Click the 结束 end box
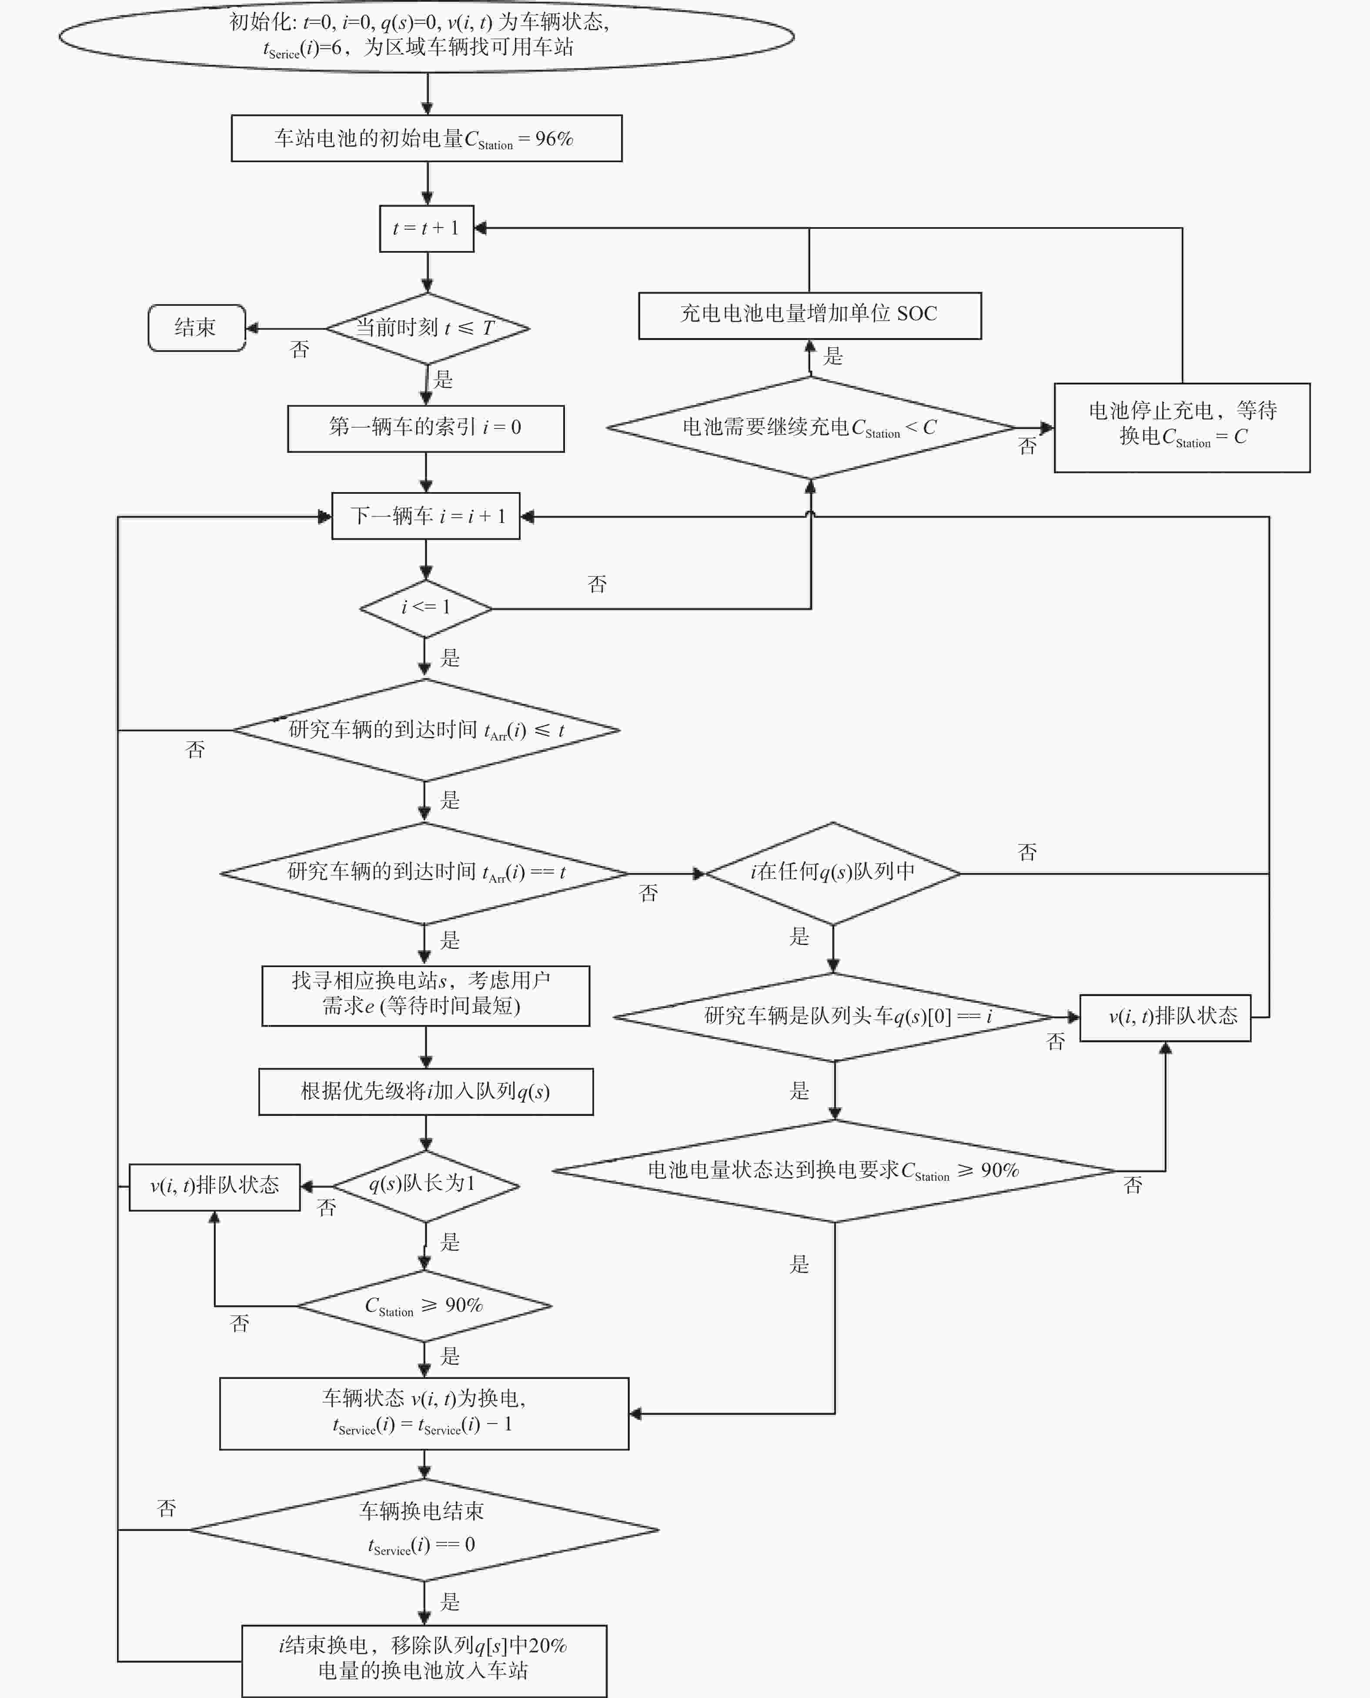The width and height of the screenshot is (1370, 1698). [x=197, y=328]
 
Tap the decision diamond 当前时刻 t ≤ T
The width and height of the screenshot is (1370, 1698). [x=427, y=328]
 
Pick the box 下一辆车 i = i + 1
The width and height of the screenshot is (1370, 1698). [x=425, y=516]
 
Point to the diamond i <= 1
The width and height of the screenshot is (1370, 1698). [x=425, y=609]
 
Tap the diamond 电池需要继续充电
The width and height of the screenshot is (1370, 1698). [x=811, y=428]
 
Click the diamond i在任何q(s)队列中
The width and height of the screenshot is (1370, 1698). [x=832, y=873]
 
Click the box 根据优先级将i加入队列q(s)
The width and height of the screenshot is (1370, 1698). [x=425, y=1092]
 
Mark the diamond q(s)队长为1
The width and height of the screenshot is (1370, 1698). [x=425, y=1186]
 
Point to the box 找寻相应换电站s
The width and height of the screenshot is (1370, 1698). [x=425, y=995]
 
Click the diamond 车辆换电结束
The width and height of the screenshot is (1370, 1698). [x=424, y=1530]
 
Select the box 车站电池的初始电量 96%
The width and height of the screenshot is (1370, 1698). [x=426, y=138]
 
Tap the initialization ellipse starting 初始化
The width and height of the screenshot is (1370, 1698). [x=426, y=36]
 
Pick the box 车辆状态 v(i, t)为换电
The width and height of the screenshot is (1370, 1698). [x=424, y=1414]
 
